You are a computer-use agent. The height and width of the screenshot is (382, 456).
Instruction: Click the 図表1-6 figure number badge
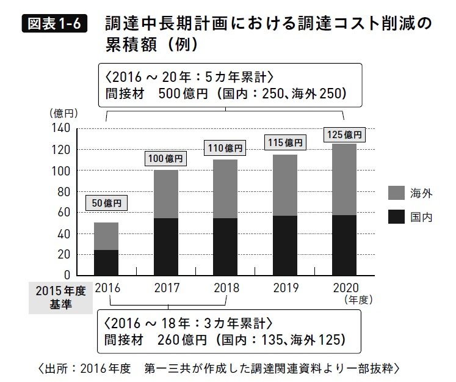54,25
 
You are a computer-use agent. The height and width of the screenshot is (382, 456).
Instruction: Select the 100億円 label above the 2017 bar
165,158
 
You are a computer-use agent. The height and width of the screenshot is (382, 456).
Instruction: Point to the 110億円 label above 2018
225,148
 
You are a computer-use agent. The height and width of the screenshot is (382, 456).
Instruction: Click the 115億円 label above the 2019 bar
284,143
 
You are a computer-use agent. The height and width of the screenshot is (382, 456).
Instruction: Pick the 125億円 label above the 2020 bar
344,134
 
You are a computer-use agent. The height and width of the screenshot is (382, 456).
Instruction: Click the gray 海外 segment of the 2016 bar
106,236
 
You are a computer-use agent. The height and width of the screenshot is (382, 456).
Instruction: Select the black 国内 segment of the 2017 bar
165,246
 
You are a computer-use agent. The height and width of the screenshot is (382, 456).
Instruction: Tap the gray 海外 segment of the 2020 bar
344,179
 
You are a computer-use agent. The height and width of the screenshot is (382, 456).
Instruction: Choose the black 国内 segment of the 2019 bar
284,245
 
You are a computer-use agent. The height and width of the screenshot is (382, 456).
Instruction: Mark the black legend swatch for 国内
397,216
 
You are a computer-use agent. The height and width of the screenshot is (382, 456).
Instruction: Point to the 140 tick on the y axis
64,128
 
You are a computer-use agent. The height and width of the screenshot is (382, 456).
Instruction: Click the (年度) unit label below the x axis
358,300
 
